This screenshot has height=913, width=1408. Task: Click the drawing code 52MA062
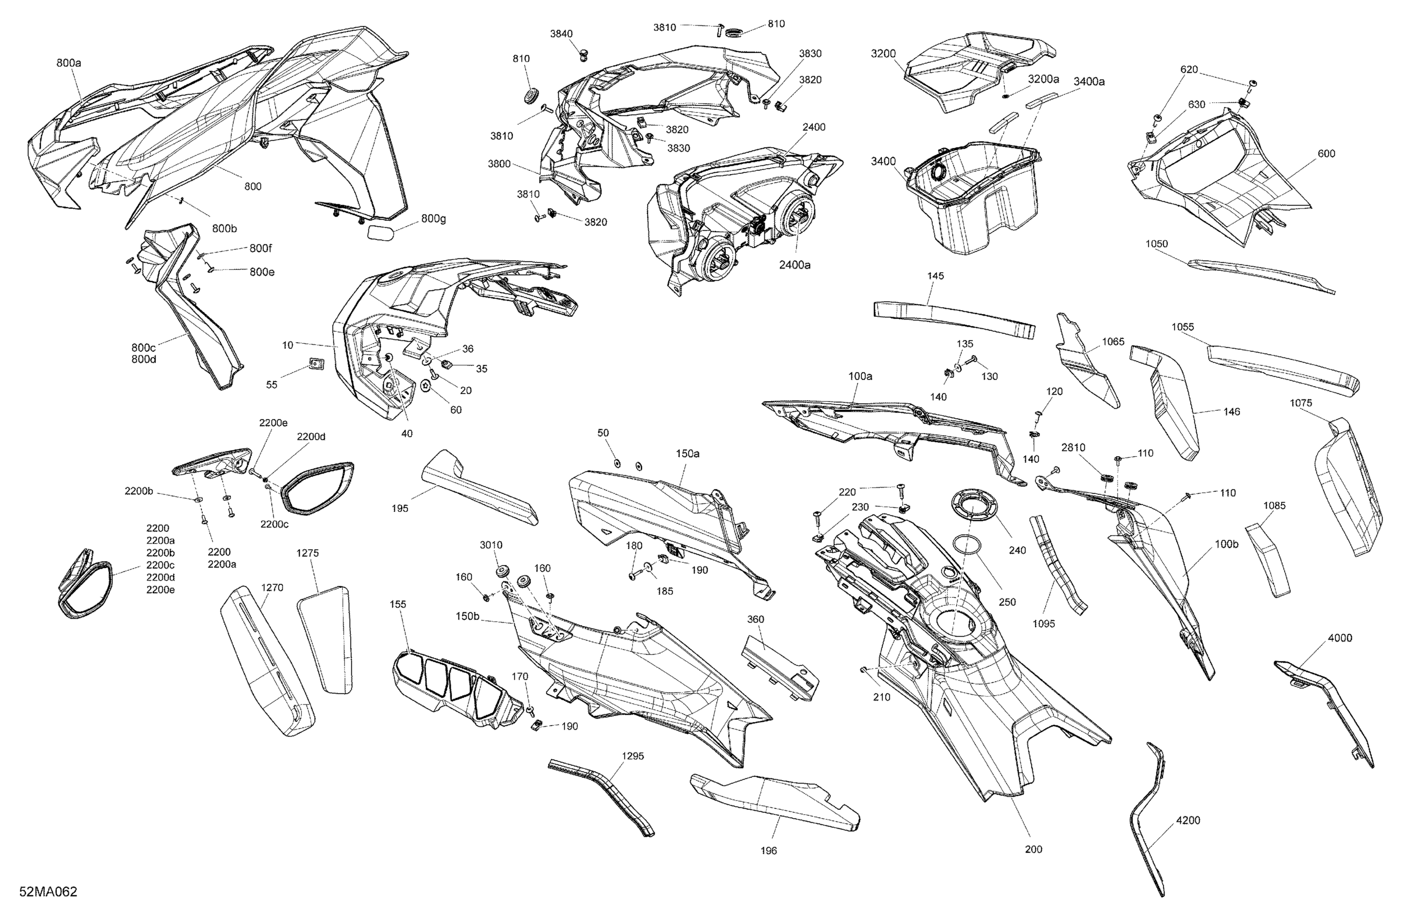pyautogui.click(x=48, y=892)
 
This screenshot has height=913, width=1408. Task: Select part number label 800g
pyautogui.click(x=434, y=219)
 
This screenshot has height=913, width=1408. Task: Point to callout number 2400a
pyautogui.click(x=795, y=264)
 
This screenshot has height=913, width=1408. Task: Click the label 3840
pyautogui.click(x=561, y=34)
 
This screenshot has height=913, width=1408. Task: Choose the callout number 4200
pyautogui.click(x=1188, y=820)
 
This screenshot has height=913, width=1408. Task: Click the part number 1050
pyautogui.click(x=1156, y=244)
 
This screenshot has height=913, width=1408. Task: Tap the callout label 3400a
pyautogui.click(x=1089, y=82)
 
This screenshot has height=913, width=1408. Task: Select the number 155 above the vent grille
pyautogui.click(x=398, y=604)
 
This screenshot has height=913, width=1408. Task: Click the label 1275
pyautogui.click(x=307, y=553)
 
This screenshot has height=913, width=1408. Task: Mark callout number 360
pyautogui.click(x=756, y=619)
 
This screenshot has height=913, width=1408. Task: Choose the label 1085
pyautogui.click(x=1274, y=506)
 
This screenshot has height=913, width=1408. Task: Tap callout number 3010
pyautogui.click(x=491, y=545)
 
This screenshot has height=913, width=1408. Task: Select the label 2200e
pyautogui.click(x=273, y=422)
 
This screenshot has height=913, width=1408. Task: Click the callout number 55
pyautogui.click(x=272, y=384)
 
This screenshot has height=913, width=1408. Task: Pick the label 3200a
pyautogui.click(x=1044, y=79)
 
